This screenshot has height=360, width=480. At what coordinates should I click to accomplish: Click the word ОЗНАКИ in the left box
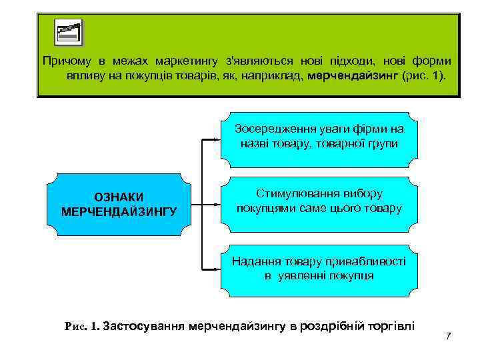(119, 197)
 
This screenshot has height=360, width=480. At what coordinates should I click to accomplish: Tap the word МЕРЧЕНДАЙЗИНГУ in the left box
(119, 211)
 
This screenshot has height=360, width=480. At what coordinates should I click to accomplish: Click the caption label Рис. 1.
(81, 327)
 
